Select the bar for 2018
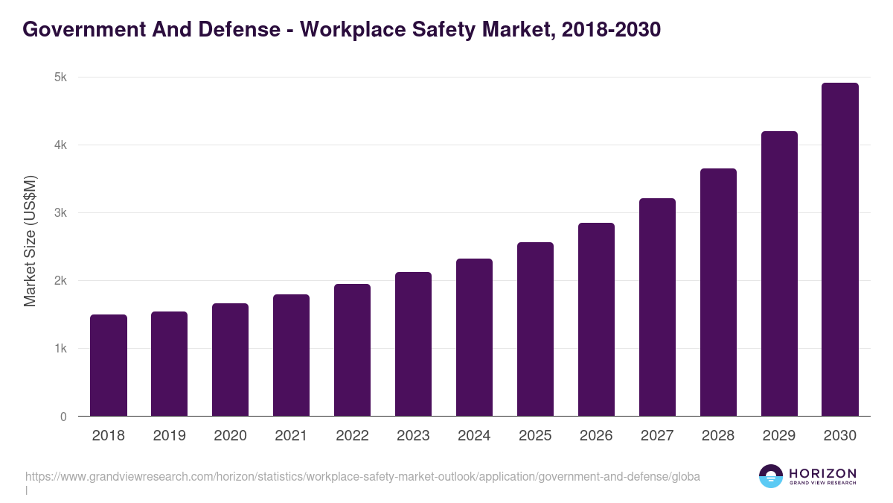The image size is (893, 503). [109, 365]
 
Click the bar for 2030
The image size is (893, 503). [840, 250]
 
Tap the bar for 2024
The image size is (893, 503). [474, 338]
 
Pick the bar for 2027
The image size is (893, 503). [657, 307]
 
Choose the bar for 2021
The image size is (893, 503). [291, 355]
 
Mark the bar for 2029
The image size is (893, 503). [779, 273]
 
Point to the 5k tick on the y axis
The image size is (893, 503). [61, 77]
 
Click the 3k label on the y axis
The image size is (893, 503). [61, 213]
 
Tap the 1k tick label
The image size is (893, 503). [61, 349]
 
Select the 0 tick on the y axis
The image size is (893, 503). [63, 417]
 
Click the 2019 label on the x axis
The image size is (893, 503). [169, 436]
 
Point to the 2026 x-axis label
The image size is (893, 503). [596, 436]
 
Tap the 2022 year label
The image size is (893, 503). [352, 436]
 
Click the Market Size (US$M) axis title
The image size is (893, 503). [30, 240]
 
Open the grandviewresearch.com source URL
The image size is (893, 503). [362, 476]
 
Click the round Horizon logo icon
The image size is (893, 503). [771, 476]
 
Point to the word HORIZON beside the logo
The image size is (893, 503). [822, 472]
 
